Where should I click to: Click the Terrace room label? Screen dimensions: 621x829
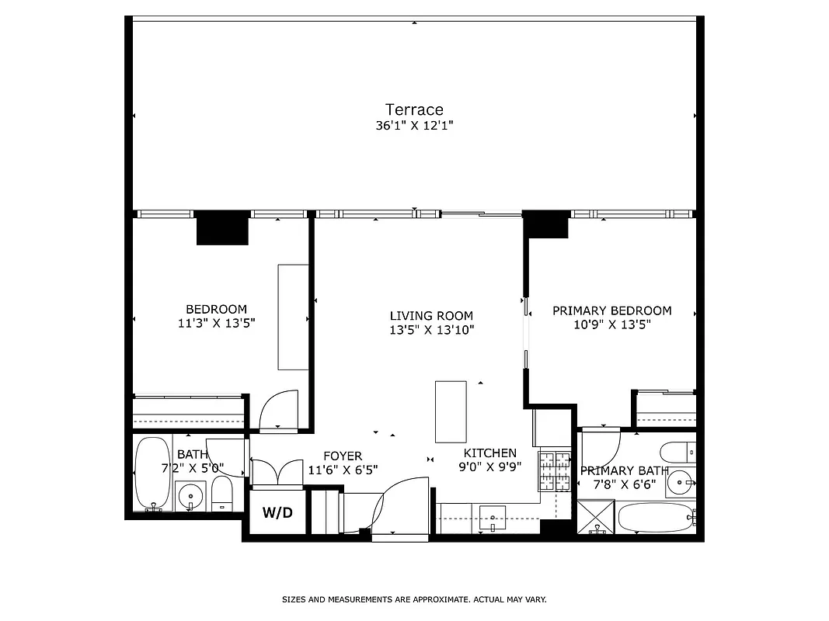[x=414, y=109]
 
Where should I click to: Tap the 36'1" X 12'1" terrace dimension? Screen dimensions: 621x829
[x=414, y=125]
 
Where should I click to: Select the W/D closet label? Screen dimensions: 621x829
[x=277, y=512]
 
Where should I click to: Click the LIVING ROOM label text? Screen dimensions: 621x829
[x=431, y=316]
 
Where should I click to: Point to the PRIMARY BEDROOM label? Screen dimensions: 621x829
[x=611, y=310]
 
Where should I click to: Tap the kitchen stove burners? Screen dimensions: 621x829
[x=554, y=470]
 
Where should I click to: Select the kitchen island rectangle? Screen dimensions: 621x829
[x=451, y=411]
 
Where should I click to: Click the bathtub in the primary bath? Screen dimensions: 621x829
[x=657, y=517]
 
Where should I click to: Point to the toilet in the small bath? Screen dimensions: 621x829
[x=221, y=495]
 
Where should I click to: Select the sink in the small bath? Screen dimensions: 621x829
[x=190, y=494]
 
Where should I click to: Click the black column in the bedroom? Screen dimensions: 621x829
[x=222, y=228]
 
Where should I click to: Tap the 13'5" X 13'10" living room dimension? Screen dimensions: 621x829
[x=431, y=329]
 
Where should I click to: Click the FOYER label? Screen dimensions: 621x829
[x=343, y=456]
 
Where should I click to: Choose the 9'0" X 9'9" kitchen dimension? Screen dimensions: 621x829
[x=489, y=467]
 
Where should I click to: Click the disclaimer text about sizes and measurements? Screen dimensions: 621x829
[x=414, y=599]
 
